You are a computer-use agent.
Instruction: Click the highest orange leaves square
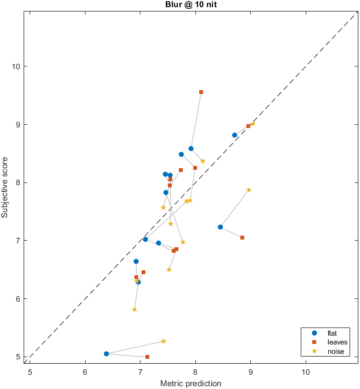click(x=201, y=92)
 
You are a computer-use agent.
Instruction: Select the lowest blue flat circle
click(x=106, y=354)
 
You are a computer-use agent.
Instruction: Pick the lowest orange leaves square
click(x=147, y=357)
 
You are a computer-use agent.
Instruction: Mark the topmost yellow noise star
click(x=252, y=124)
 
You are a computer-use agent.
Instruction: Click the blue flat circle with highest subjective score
click(x=234, y=135)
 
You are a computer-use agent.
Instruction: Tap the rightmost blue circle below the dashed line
click(x=220, y=227)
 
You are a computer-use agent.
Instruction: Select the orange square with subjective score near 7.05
click(x=242, y=237)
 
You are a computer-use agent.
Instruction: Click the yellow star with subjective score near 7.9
click(x=249, y=190)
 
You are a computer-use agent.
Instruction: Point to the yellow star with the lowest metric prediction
click(x=134, y=309)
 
